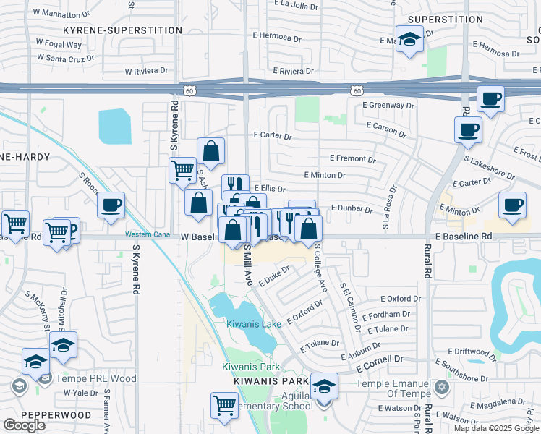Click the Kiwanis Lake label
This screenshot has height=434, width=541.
pos(253,324)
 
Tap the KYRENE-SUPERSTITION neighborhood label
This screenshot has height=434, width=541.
pos(122,30)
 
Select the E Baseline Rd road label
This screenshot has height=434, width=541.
pos(464,237)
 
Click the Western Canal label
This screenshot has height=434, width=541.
pos(148,234)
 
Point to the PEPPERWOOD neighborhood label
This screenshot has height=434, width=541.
pos(56,415)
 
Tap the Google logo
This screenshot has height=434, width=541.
pos(24,425)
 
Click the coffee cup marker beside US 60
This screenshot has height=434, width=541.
pos(490,99)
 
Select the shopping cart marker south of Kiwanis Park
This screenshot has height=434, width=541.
pos(225,406)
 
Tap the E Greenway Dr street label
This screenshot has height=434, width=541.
pos(390,106)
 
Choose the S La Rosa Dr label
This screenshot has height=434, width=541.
pos(388,213)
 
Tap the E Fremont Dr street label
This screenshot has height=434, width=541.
pos(352,158)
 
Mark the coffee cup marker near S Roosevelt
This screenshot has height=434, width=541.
pos(111,205)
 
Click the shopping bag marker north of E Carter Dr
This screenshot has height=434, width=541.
pos(210,151)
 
